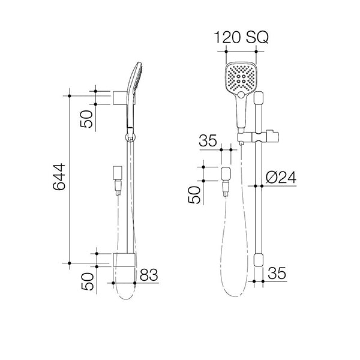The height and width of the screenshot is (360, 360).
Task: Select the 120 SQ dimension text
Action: pos(244,38)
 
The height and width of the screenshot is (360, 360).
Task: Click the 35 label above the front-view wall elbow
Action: pos(207,142)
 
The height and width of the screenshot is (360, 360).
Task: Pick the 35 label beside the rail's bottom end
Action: pos(277,273)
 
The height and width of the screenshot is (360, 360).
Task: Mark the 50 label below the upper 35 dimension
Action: pos(196,196)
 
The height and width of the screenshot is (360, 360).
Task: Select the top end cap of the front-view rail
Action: pos(259,102)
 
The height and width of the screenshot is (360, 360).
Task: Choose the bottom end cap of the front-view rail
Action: pos(259,259)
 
